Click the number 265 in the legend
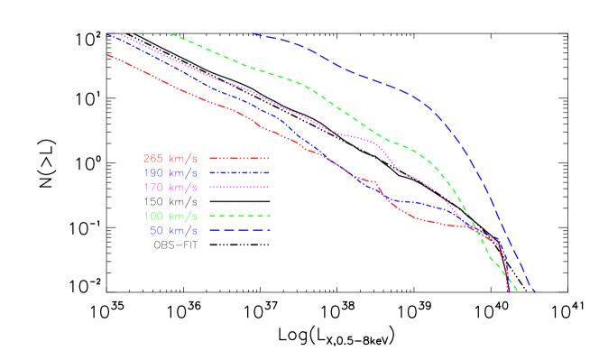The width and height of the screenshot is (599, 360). [x=153, y=158]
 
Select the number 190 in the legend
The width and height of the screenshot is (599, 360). [x=153, y=172]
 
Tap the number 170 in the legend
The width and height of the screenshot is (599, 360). [x=153, y=187]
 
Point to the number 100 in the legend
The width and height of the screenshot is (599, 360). [x=153, y=216]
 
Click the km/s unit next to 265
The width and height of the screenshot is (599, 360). [x=183, y=158]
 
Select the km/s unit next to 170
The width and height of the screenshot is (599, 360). [x=183, y=187]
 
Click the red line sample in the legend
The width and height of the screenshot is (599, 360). [x=239, y=158]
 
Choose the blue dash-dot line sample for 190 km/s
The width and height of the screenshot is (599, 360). [x=239, y=172]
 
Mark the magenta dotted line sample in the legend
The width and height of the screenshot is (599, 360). [x=239, y=187]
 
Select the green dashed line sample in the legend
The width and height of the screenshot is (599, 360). [x=239, y=216]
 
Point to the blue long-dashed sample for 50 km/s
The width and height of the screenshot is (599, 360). [x=239, y=230]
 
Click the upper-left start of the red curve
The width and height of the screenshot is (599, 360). [x=107, y=54]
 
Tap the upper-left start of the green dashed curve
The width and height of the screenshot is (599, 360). [x=171, y=33]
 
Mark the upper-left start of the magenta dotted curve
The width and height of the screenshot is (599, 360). [x=118, y=33]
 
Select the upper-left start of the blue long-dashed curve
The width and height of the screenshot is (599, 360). [x=253, y=33]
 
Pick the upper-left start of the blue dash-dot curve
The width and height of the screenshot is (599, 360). [x=107, y=34]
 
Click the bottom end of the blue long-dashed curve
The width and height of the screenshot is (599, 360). [x=535, y=291]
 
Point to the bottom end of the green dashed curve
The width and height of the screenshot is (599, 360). [x=516, y=291]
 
